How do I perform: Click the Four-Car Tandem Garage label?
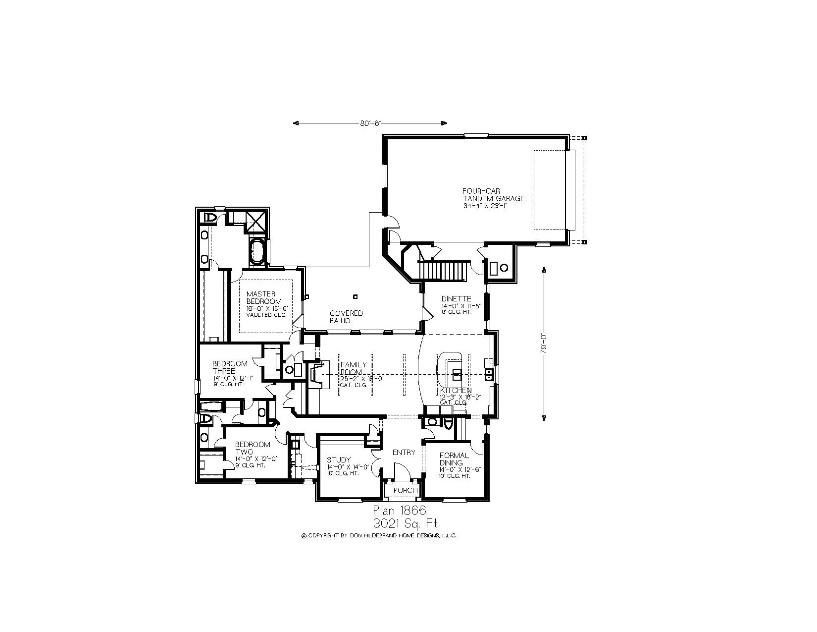[x=493, y=194]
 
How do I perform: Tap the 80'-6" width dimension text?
[x=370, y=123]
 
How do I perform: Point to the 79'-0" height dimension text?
[x=544, y=343]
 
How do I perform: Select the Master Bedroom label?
[x=264, y=297]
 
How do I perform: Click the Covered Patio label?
[x=346, y=317]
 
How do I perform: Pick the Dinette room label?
[x=456, y=299]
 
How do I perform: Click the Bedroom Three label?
[x=230, y=367]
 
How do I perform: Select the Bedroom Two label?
[x=253, y=448]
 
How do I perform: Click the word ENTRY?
[x=404, y=453]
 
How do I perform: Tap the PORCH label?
[x=406, y=490]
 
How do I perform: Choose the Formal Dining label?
[x=454, y=459]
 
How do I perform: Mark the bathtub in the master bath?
[x=256, y=252]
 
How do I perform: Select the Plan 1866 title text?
[x=399, y=511]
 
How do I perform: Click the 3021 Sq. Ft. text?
[x=408, y=523]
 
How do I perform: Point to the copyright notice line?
[x=379, y=536]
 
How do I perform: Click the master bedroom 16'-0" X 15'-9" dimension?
[x=267, y=308]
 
